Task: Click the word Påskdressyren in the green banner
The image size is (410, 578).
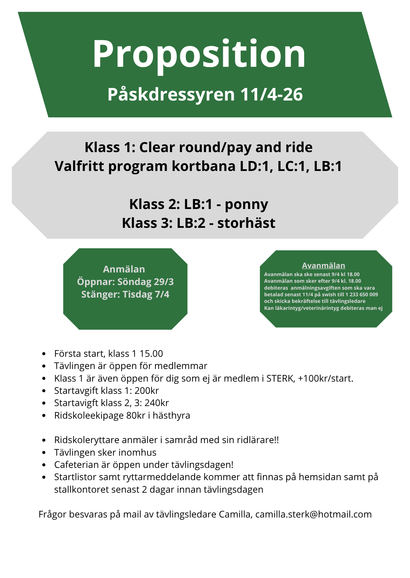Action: pos(171,95)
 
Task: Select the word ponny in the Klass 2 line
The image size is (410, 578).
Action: pos(246,204)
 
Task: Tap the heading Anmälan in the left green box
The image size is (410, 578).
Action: pos(124,269)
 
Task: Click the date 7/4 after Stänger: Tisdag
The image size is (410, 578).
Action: pos(162,294)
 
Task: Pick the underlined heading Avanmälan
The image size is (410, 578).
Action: pos(323,266)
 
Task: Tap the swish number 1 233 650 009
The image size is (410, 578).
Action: pos(362,294)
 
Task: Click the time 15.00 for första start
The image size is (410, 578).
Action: pos(151,353)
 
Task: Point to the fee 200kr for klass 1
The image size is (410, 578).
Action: pos(146,391)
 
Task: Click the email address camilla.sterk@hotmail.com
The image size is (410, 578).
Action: pos(313,514)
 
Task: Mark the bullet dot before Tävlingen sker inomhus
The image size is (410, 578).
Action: pos(44,453)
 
